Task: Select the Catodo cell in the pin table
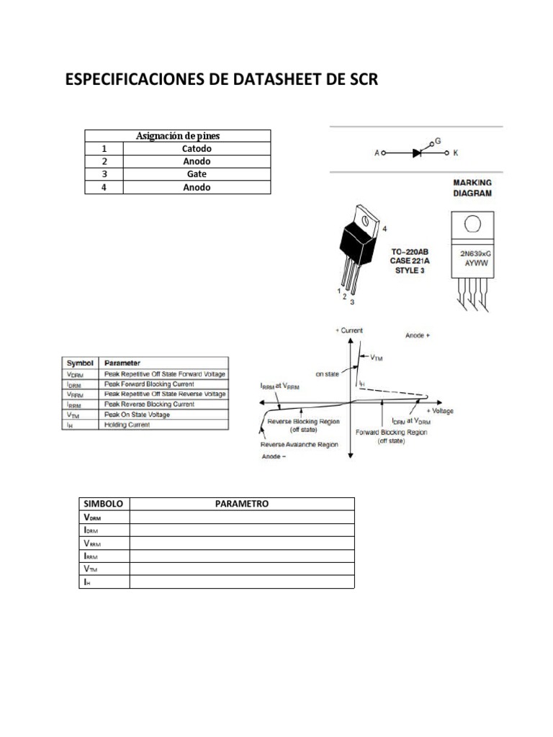tap(197, 149)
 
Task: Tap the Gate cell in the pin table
tap(197, 175)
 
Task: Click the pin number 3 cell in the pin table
tap(104, 175)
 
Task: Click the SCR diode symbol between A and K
tap(417, 153)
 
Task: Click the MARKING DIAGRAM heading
tap(472, 188)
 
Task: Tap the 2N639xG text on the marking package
tap(472, 254)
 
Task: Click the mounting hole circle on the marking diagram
tap(472, 223)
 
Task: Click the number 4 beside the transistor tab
tap(385, 229)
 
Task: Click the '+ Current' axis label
tap(349, 330)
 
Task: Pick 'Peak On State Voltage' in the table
tap(138, 415)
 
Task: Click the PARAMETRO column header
tap(241, 504)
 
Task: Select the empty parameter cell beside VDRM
tap(241, 517)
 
